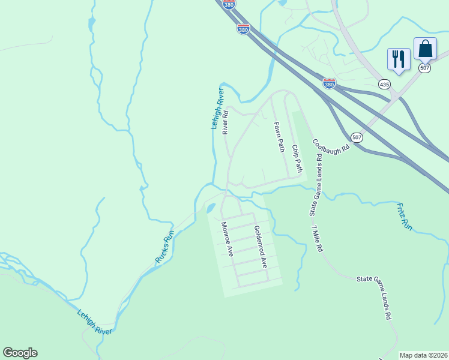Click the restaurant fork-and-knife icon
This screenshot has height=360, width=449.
click(399, 59)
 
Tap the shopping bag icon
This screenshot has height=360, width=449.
click(425, 49)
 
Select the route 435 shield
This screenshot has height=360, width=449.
click(384, 85)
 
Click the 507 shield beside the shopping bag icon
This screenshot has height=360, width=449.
click(424, 68)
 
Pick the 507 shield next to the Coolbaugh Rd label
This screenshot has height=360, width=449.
click(357, 137)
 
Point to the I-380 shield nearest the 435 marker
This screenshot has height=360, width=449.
click(329, 83)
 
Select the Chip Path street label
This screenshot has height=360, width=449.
click(295, 158)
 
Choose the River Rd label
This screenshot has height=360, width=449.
click(226, 122)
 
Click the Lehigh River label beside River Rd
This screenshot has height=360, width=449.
click(217, 109)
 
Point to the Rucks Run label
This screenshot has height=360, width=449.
click(164, 247)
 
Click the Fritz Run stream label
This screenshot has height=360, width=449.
click(405, 217)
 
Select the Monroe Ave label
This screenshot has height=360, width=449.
click(227, 239)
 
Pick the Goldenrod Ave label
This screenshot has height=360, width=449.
click(259, 246)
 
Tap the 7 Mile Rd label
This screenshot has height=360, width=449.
click(318, 238)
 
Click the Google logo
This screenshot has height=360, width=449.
click(20, 353)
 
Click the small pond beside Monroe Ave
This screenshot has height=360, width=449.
click(211, 208)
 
